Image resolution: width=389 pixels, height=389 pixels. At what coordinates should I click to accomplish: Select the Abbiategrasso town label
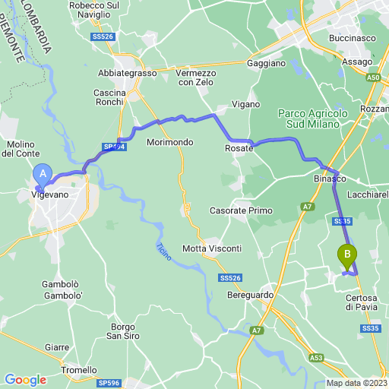(x=127, y=73)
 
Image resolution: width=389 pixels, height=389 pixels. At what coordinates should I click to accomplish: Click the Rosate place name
(x=238, y=150)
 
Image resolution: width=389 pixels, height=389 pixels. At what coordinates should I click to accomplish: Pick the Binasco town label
(x=330, y=179)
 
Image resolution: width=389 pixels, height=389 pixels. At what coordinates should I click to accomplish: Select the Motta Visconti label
(x=212, y=248)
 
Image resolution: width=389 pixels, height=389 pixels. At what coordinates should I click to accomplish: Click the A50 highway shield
(x=372, y=77)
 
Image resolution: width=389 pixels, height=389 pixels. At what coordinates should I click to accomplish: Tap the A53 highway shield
(x=317, y=356)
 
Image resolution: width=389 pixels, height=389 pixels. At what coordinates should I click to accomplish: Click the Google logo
(x=25, y=379)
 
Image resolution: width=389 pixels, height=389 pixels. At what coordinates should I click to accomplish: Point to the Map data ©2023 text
(x=356, y=383)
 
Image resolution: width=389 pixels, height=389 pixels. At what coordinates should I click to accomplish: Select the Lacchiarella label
(x=368, y=194)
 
